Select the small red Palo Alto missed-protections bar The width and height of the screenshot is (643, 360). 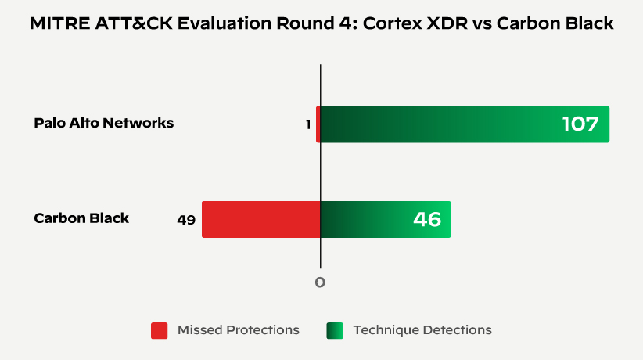[318, 124]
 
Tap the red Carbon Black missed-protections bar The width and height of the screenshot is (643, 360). [261, 219]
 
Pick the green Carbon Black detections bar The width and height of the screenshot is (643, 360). [386, 219]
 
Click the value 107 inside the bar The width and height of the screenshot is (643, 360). [580, 124]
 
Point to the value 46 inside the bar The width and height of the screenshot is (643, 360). [427, 219]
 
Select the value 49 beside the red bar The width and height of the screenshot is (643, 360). [186, 220]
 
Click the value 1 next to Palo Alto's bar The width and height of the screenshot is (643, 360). [308, 124]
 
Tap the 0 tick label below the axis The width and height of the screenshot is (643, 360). [320, 282]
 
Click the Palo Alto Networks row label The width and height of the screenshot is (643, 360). [104, 123]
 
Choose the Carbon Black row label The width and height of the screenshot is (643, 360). [81, 218]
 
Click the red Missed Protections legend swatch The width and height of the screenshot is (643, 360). [159, 330]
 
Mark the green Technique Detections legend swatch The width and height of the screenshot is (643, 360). [335, 330]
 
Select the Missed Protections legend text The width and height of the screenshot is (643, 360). [239, 330]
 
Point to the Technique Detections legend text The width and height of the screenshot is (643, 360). [422, 330]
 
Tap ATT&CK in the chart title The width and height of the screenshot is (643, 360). [124, 24]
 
